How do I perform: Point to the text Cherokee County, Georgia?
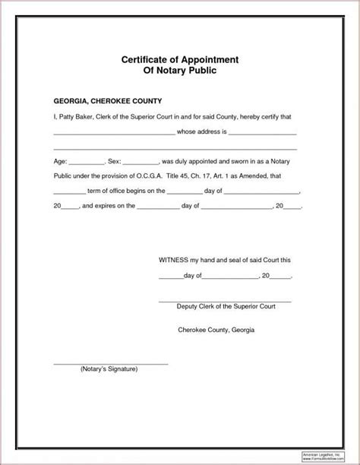click(216, 331)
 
